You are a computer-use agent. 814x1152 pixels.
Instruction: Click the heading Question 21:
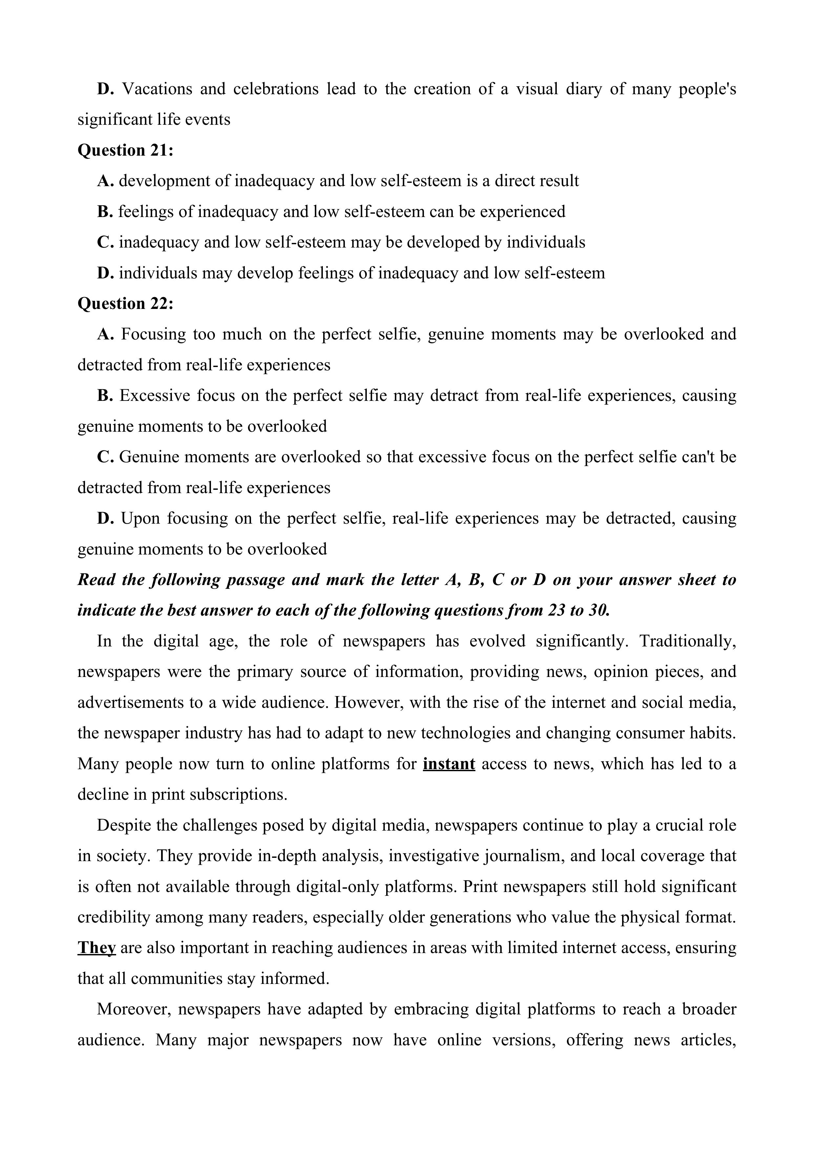pyautogui.click(x=125, y=150)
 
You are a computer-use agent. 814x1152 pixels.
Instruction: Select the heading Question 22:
pyautogui.click(x=125, y=304)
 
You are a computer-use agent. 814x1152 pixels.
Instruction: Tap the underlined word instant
pyautogui.click(x=449, y=764)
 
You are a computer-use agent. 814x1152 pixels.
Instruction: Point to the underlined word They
pyautogui.click(x=96, y=948)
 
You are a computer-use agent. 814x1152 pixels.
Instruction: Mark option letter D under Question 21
pyautogui.click(x=105, y=273)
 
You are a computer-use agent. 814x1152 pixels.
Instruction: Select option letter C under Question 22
pyautogui.click(x=105, y=457)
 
